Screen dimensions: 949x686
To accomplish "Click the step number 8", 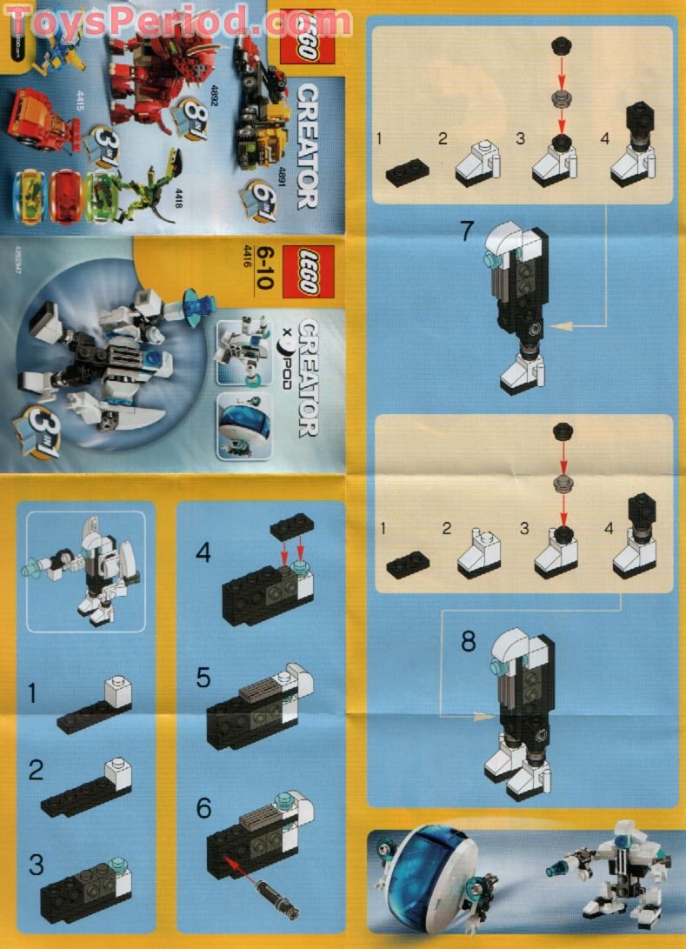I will click(x=469, y=642).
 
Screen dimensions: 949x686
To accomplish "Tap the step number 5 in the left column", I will click(x=203, y=678).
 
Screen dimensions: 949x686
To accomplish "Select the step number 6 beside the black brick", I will click(x=204, y=808).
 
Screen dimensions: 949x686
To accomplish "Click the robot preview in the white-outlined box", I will click(x=85, y=570).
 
